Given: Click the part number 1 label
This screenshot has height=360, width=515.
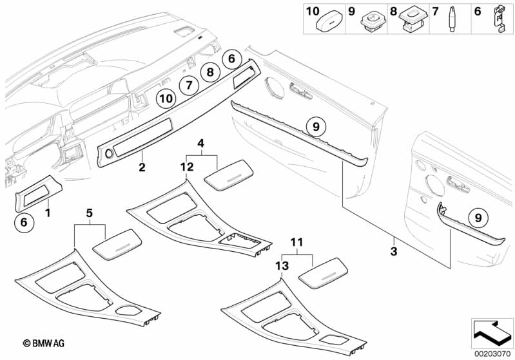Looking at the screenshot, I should (x=47, y=211).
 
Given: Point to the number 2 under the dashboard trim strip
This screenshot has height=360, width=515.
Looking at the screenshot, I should (x=142, y=168).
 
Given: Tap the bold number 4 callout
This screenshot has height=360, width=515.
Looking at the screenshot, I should (x=200, y=142).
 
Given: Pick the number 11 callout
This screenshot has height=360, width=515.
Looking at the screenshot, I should (x=296, y=242).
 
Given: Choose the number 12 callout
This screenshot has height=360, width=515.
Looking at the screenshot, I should (x=187, y=167).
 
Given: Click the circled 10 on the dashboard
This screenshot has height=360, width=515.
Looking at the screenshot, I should (x=166, y=99).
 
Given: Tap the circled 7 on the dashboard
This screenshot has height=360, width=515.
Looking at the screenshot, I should (x=186, y=84).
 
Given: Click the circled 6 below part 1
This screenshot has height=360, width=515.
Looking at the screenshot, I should (x=24, y=222).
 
